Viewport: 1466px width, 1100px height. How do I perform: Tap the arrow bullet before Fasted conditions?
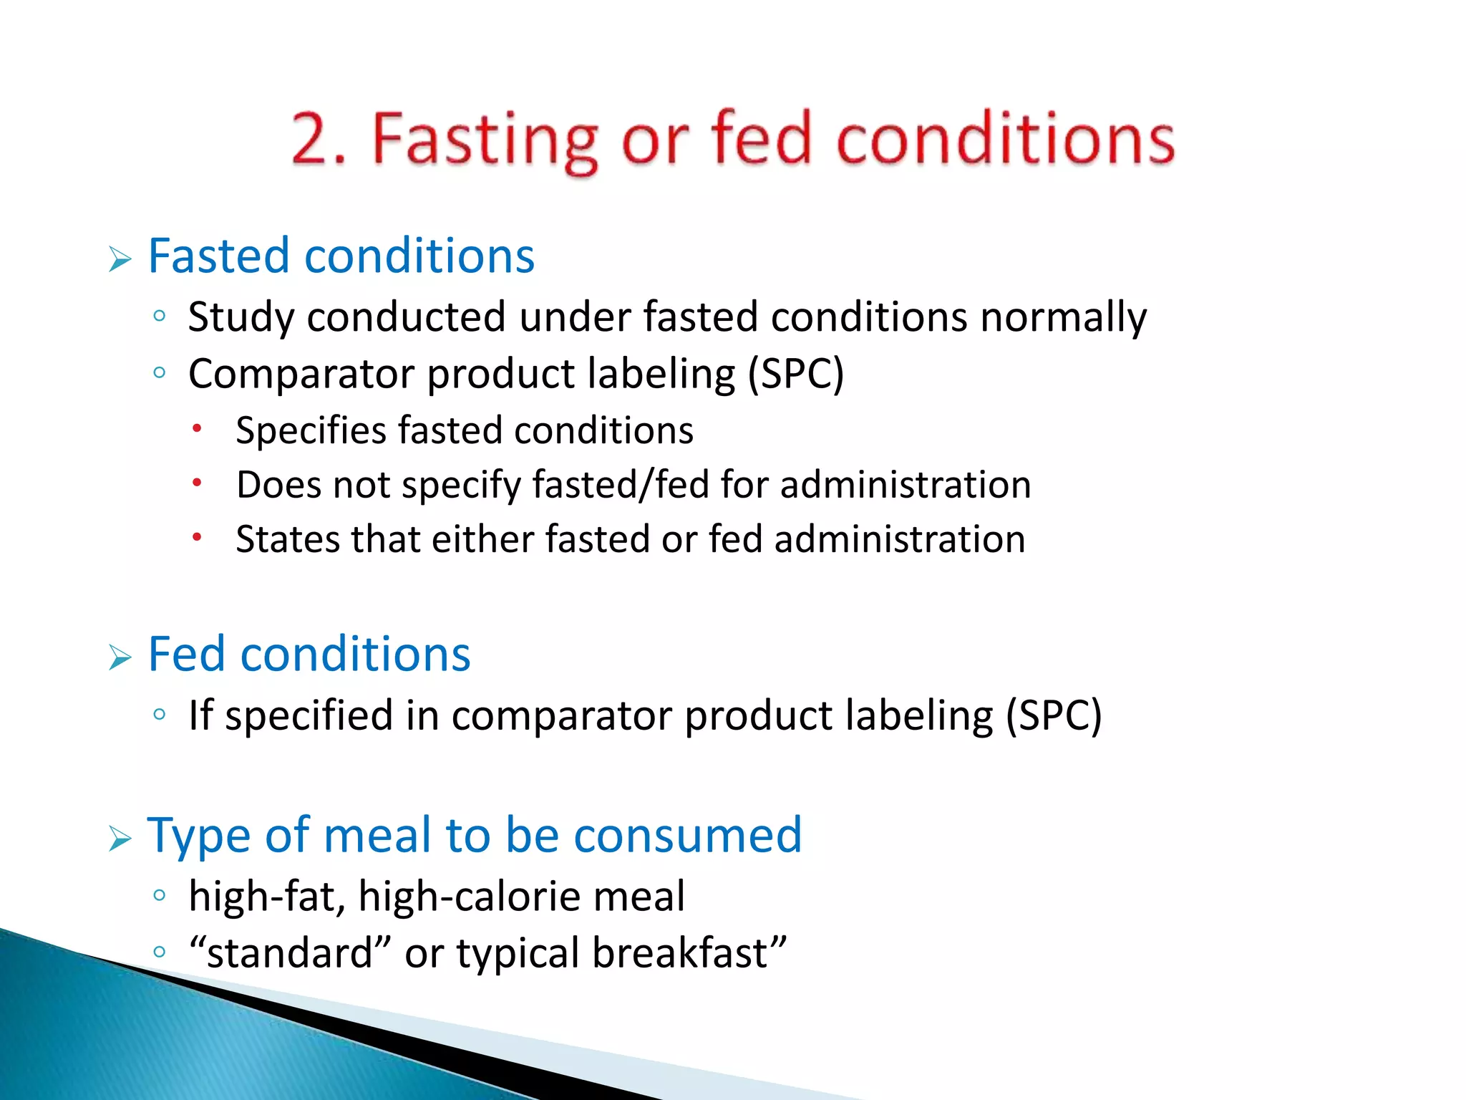click(120, 259)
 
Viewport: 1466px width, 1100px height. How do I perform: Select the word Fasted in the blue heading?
click(219, 256)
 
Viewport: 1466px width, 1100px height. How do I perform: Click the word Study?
click(241, 317)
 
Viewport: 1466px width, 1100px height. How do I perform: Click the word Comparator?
click(301, 375)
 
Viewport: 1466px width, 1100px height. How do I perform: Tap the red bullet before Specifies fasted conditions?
click(198, 429)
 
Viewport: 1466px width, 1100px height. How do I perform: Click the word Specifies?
click(311, 431)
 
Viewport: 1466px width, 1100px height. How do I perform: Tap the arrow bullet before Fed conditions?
click(120, 657)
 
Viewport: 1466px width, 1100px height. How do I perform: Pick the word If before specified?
click(200, 715)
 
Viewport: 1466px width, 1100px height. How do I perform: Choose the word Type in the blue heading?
click(198, 836)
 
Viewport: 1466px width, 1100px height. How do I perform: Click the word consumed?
click(687, 835)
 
